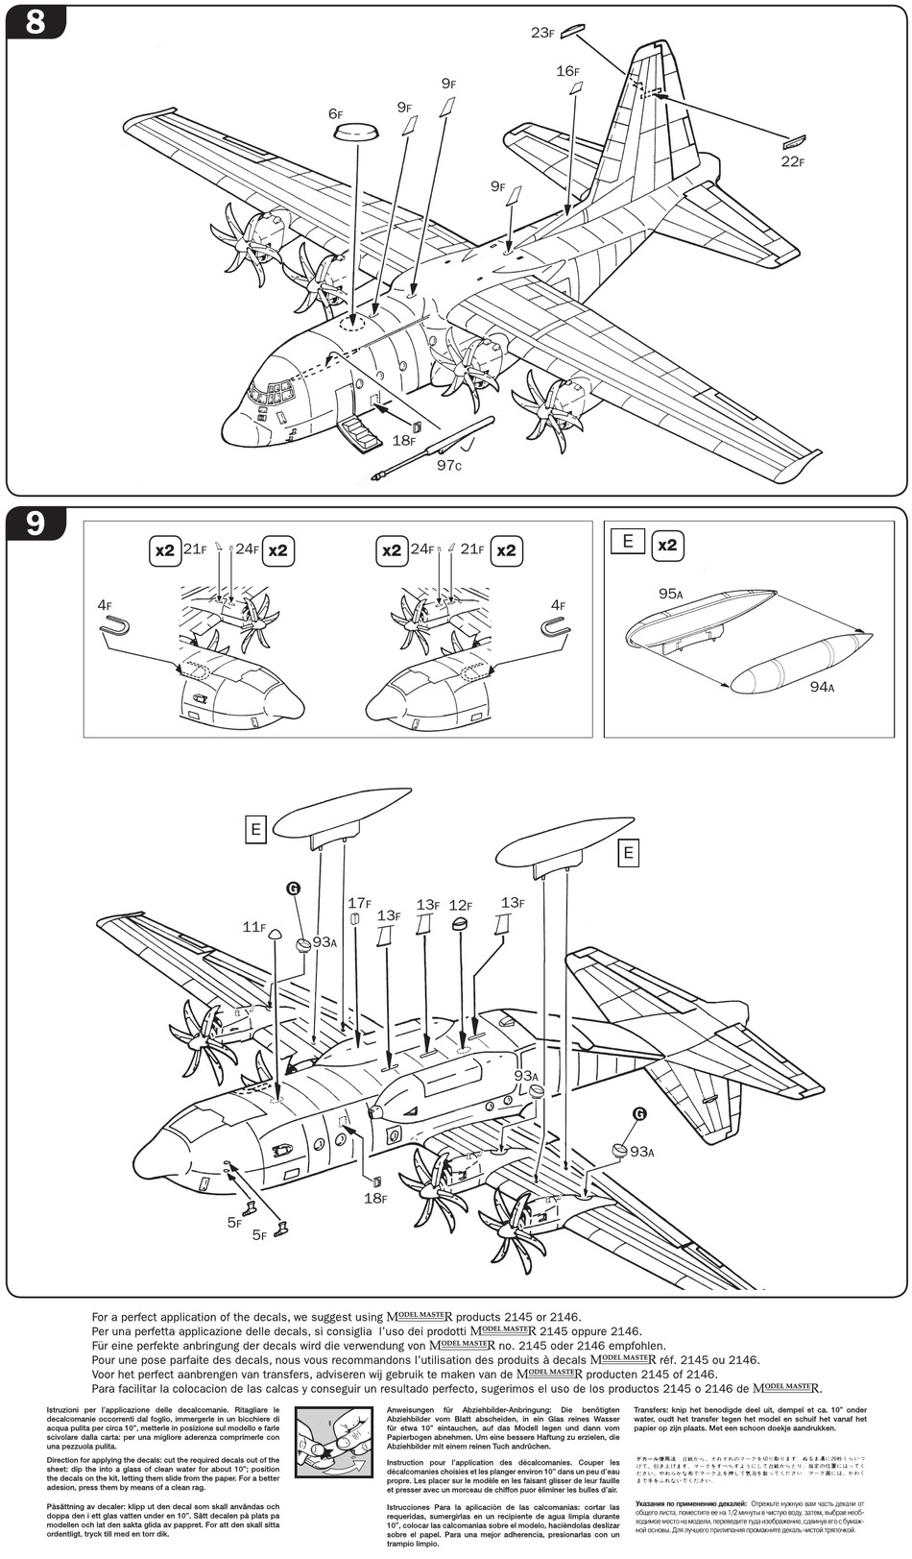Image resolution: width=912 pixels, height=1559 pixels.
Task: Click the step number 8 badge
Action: (36, 22)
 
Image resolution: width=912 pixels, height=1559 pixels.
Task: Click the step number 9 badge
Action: (36, 524)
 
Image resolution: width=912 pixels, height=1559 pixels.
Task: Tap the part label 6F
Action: (335, 113)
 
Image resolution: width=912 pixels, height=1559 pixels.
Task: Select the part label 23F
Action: (542, 33)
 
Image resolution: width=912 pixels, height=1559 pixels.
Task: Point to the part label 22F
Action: (791, 161)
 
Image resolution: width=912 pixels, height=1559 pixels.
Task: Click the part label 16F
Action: (567, 71)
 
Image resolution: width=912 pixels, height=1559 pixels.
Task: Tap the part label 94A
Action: (822, 687)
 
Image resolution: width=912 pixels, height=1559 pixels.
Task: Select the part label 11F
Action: (253, 927)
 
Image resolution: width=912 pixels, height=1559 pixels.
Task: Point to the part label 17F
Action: (359, 903)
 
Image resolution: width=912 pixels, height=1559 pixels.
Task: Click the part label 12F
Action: (461, 905)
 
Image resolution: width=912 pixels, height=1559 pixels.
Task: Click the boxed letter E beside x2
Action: (628, 541)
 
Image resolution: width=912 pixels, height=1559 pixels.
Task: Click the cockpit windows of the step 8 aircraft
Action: (271, 391)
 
